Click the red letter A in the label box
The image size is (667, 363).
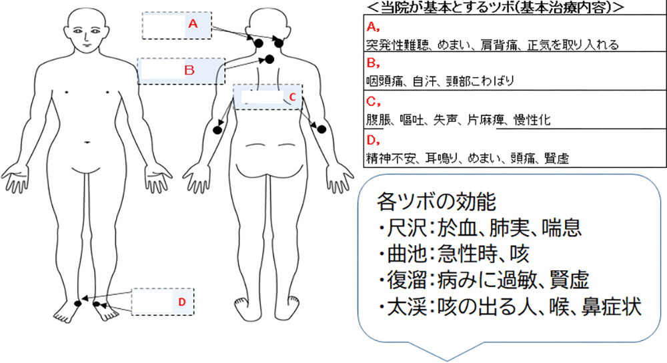193,23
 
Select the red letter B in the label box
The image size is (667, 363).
189,69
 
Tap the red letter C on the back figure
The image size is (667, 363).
291,97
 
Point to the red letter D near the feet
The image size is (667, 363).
182,302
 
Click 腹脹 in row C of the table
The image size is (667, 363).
376,121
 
